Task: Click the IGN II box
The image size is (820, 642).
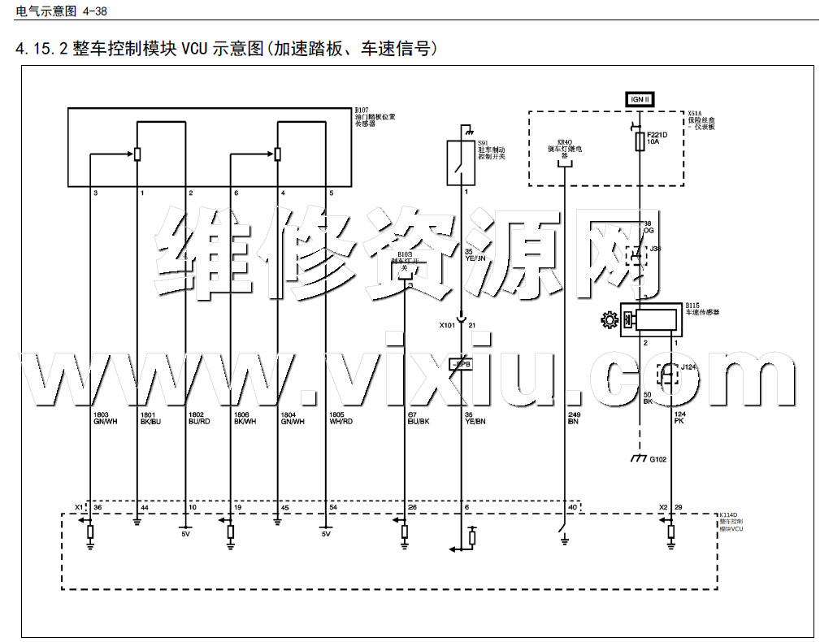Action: (x=640, y=99)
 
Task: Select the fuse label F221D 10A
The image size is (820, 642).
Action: (x=656, y=137)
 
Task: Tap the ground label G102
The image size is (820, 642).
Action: (x=657, y=459)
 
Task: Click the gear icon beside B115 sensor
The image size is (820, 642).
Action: (x=609, y=320)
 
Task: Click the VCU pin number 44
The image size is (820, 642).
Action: (x=145, y=508)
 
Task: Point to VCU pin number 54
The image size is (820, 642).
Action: (x=333, y=508)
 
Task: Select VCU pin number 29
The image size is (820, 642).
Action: (x=678, y=508)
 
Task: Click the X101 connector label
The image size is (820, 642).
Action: (x=448, y=325)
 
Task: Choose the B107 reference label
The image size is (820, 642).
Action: (x=362, y=109)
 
